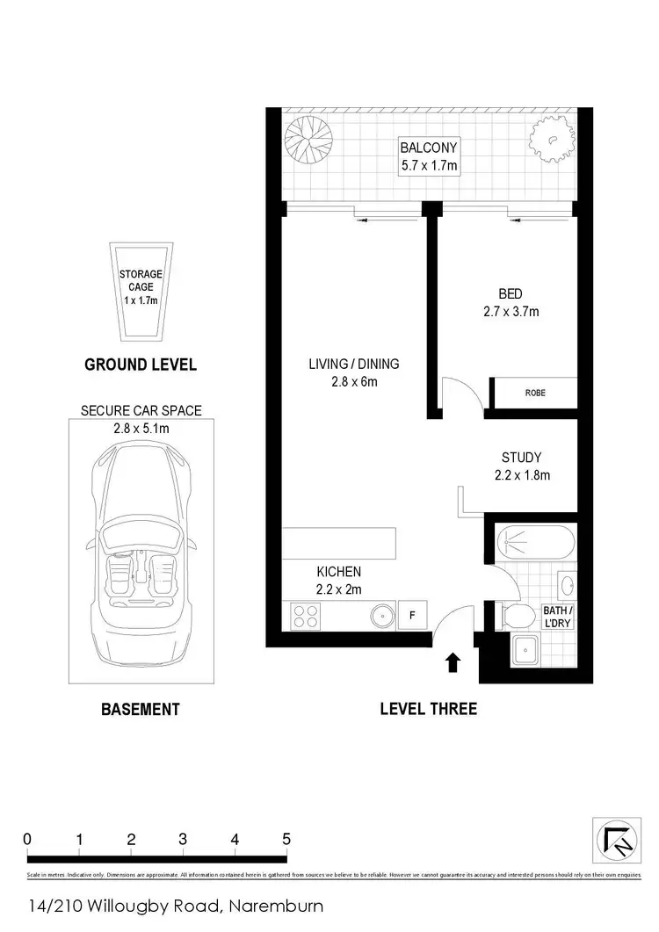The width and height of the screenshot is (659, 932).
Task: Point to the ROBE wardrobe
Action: coord(534,393)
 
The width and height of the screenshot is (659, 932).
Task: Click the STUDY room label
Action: coord(521,466)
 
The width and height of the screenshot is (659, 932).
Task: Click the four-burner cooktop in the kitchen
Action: coord(305,617)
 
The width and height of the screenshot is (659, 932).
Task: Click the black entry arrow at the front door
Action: coord(453,662)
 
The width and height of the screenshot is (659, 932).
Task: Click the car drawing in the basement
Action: coord(141,559)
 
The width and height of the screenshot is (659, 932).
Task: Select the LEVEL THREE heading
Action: coord(428,708)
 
